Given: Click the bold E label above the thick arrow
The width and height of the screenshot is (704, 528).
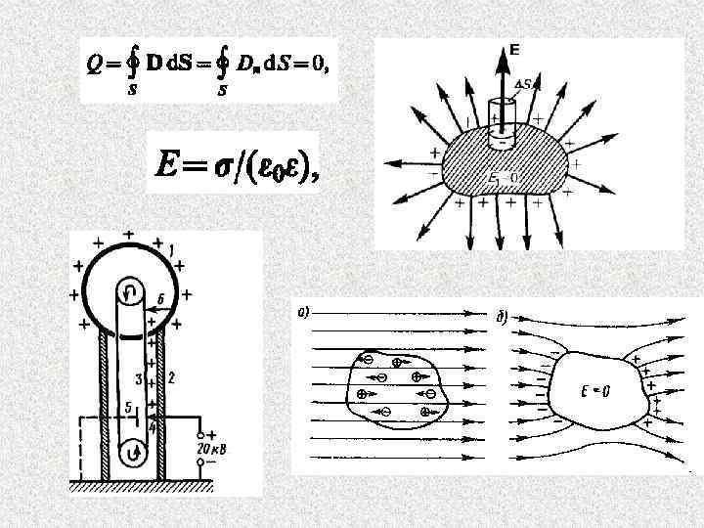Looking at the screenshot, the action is [x=515, y=48].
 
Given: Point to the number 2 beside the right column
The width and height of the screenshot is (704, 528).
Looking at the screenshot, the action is [x=171, y=377].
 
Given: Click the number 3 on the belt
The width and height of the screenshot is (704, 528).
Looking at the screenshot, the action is [x=139, y=377].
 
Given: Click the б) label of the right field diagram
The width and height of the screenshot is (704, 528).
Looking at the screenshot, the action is [x=501, y=316].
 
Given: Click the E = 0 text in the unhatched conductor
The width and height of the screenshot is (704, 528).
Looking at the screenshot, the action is [x=594, y=393].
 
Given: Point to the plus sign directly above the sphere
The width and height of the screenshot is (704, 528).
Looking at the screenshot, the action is [x=129, y=235].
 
